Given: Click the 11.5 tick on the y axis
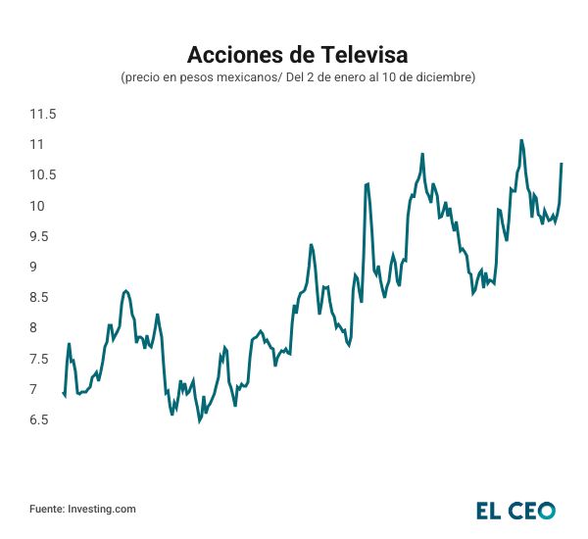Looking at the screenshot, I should [x=43, y=115].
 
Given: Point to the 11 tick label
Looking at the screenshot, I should [x=38, y=145].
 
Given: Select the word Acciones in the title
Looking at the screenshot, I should [x=225, y=53].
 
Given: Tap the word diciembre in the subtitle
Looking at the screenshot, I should [x=444, y=76].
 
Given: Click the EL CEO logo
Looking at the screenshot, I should [x=515, y=510].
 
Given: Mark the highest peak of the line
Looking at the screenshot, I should [x=520, y=140].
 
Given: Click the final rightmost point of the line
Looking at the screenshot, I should [x=562, y=164].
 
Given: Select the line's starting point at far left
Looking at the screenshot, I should [x=63, y=392].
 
